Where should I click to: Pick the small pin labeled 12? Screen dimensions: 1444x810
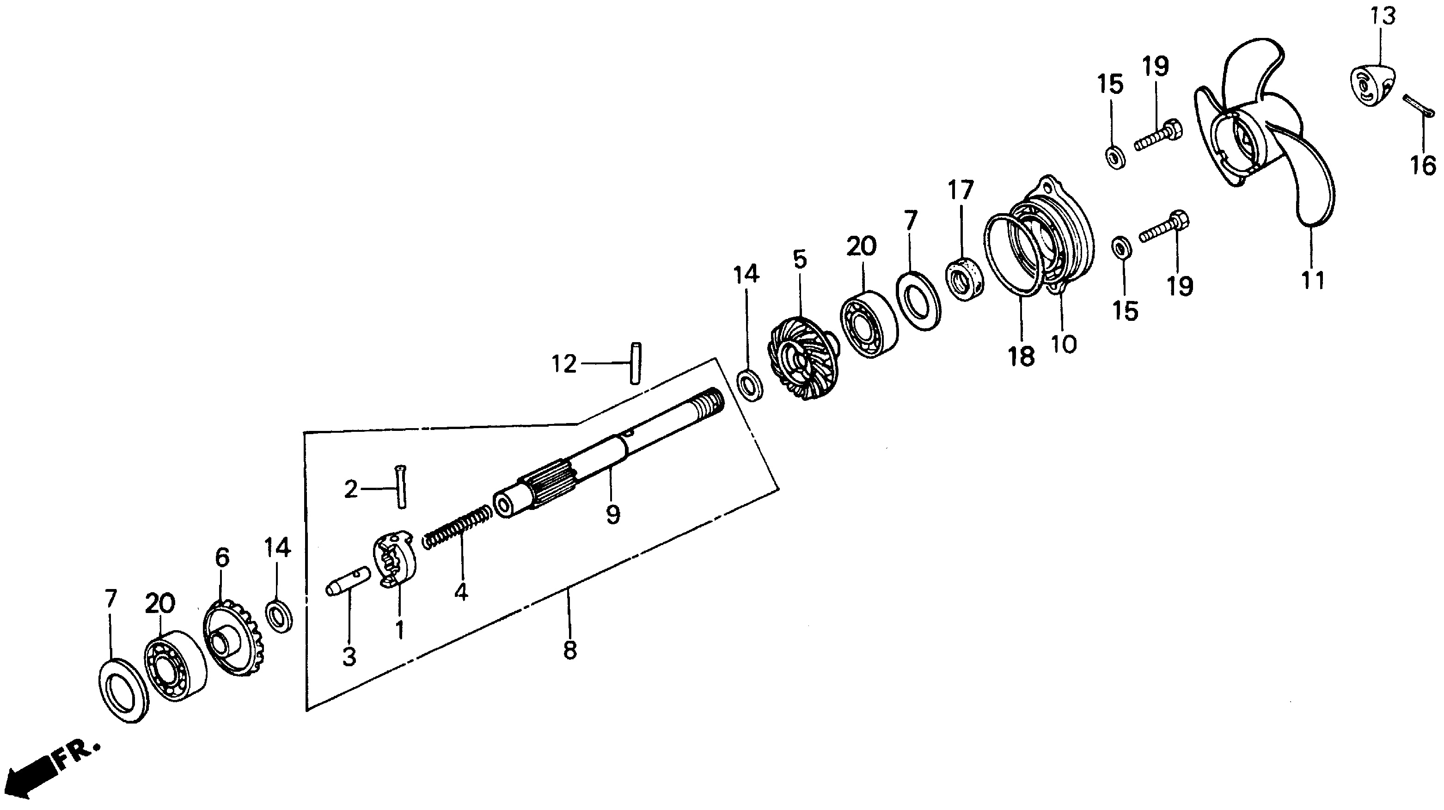tap(635, 363)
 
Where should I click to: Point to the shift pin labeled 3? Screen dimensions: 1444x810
tap(348, 583)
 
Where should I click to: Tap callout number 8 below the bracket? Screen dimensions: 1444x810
tap(569, 650)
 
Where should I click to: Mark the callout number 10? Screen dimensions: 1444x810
tap(1064, 344)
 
